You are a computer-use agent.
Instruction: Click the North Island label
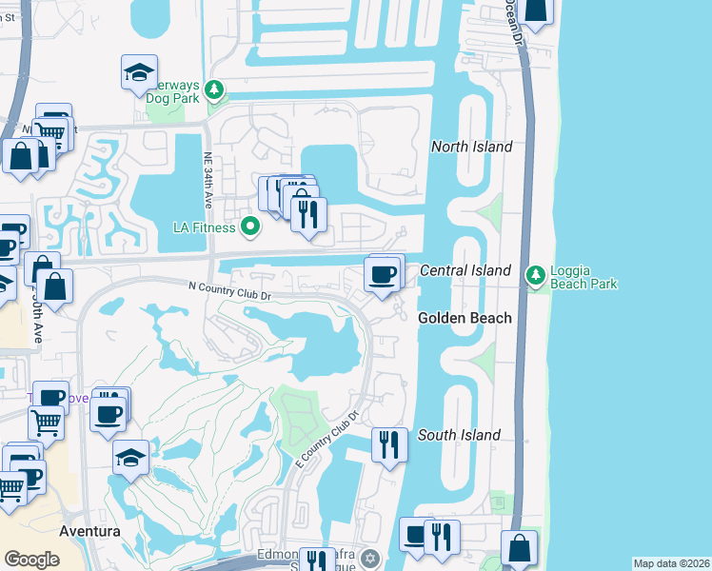471,147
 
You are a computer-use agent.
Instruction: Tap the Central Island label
465,271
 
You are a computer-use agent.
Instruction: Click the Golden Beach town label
465,318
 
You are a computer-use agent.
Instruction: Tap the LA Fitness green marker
250,226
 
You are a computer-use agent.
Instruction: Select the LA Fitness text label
203,227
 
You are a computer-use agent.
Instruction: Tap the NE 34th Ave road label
207,181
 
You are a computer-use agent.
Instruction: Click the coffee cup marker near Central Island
384,274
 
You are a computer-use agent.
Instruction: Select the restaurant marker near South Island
389,444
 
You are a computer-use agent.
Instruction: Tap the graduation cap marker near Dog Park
139,72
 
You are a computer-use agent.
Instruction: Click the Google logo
31,560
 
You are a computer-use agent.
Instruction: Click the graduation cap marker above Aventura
130,458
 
